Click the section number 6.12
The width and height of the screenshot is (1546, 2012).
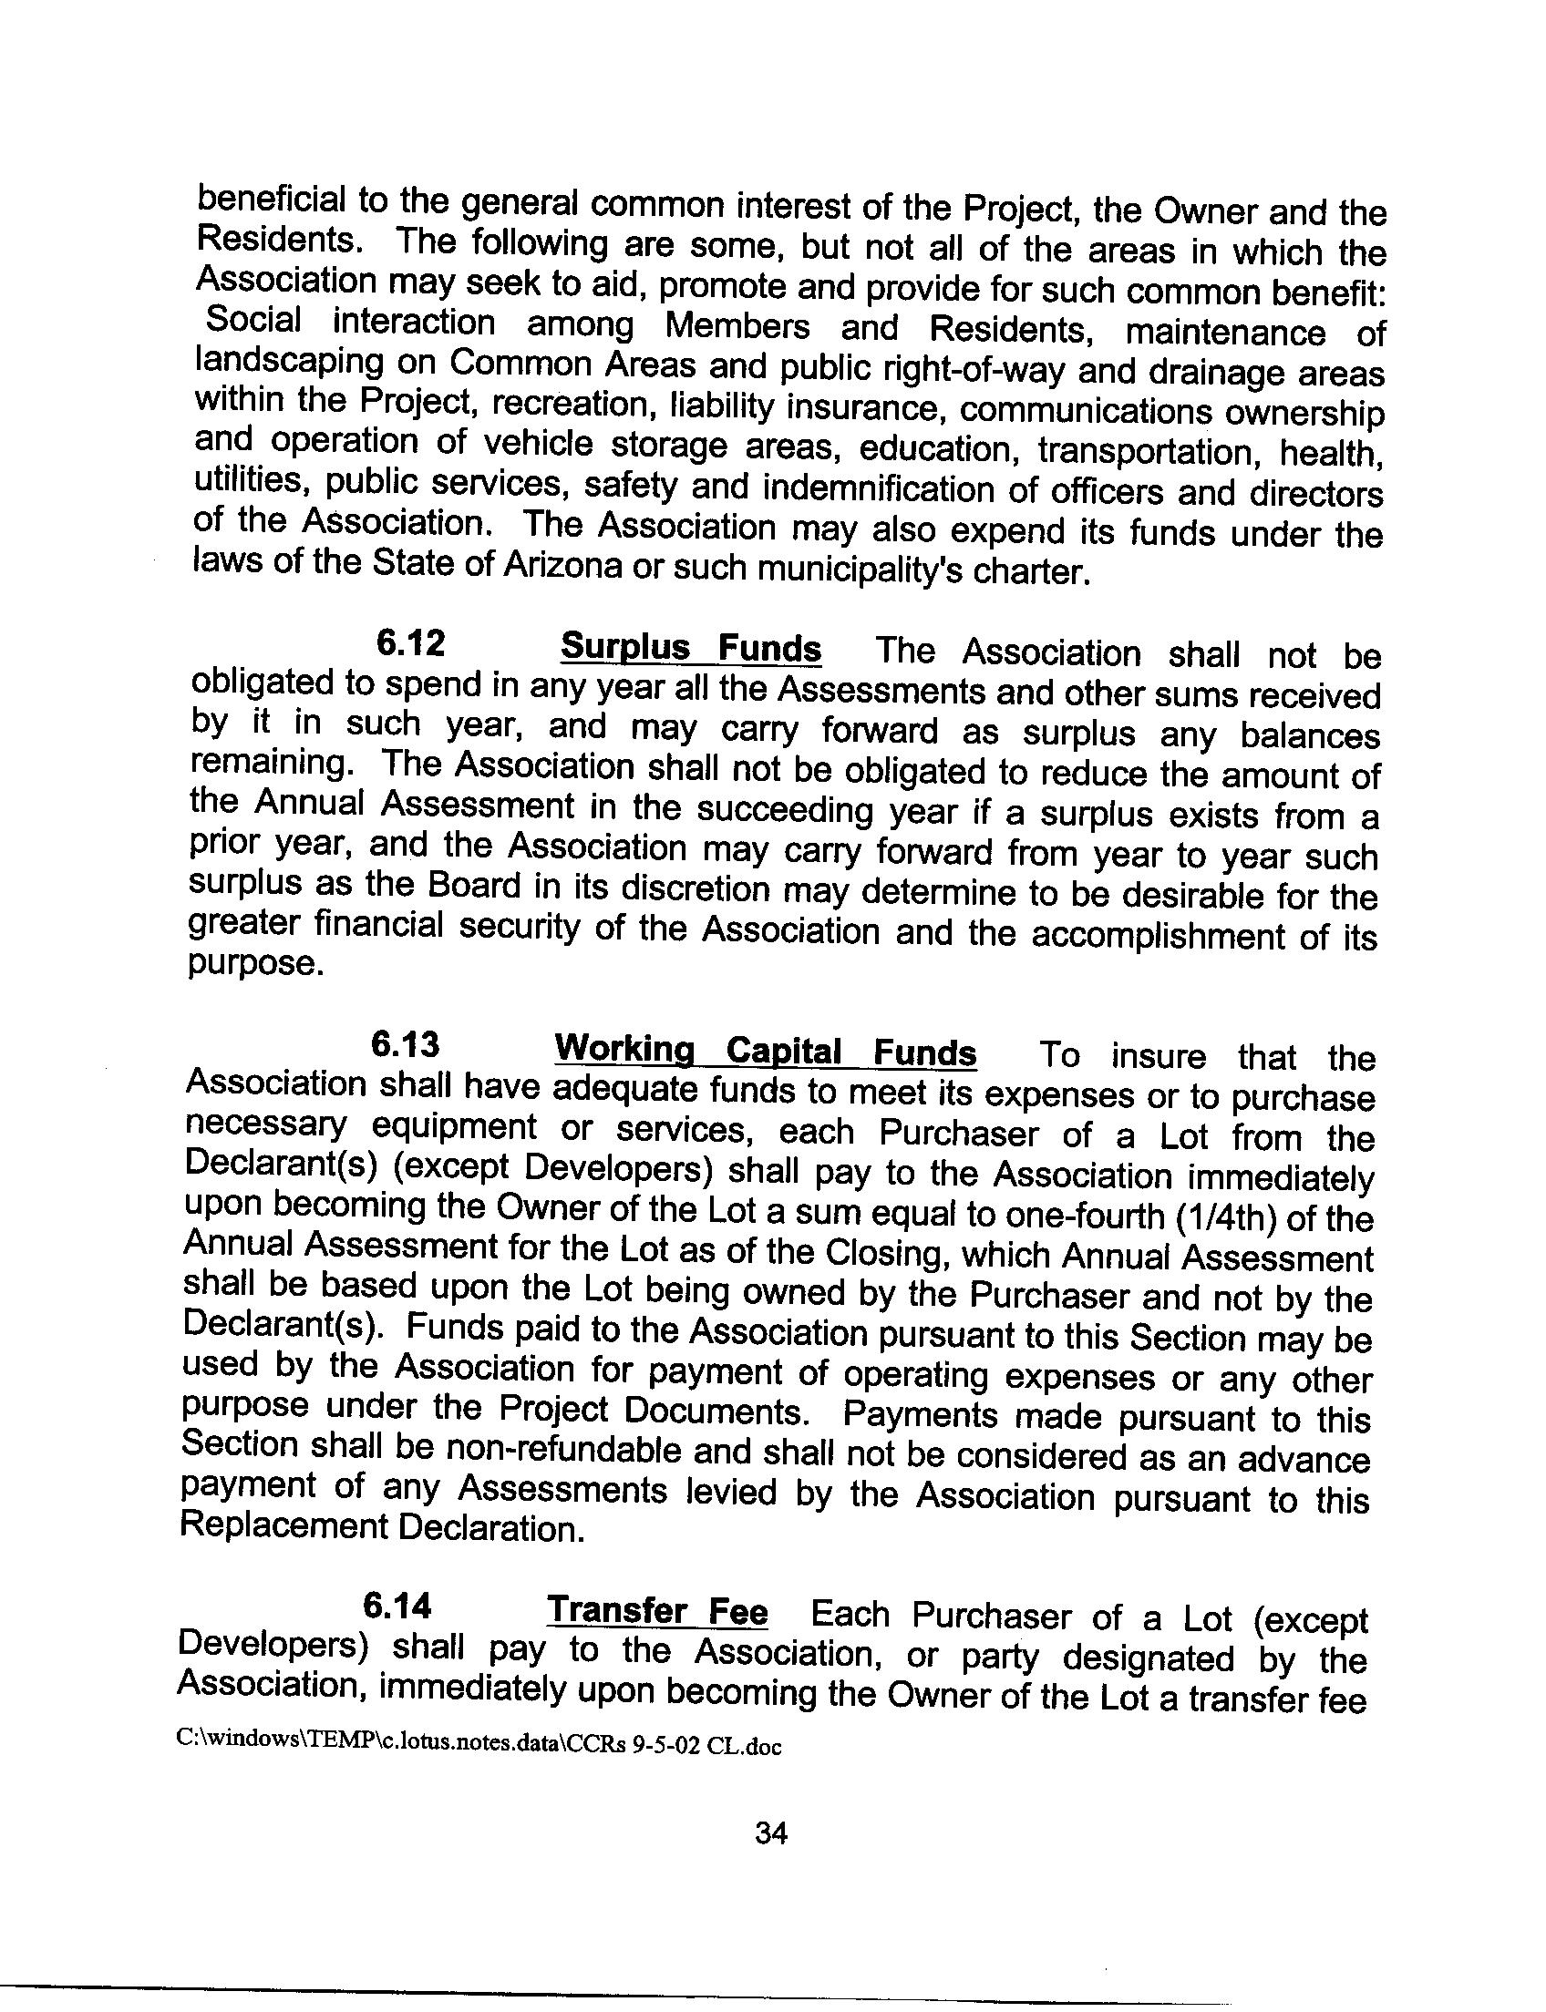coord(409,644)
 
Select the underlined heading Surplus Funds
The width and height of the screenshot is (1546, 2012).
coord(690,649)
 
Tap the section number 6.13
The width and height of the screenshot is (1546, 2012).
coord(404,1046)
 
